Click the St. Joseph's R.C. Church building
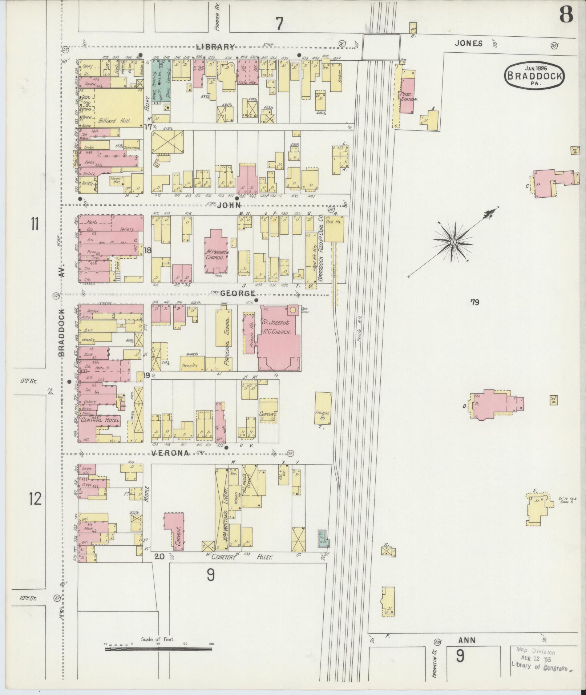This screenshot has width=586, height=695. (x=279, y=338)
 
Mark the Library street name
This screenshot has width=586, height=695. (x=216, y=47)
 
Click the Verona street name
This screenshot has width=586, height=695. (x=170, y=453)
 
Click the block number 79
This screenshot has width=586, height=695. (x=474, y=302)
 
